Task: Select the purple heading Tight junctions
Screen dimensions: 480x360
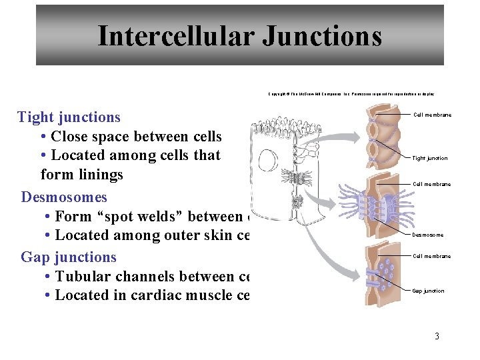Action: pyautogui.click(x=69, y=117)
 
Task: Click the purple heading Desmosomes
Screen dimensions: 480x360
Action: pyautogui.click(x=64, y=197)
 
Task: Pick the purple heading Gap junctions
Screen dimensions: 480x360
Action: pyautogui.click(x=69, y=257)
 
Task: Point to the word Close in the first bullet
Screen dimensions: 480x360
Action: pyautogui.click(x=72, y=137)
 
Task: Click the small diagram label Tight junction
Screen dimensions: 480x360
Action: pyautogui.click(x=430, y=158)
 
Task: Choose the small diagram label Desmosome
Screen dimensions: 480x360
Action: pyautogui.click(x=427, y=235)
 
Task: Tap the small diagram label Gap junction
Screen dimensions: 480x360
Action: pyautogui.click(x=428, y=291)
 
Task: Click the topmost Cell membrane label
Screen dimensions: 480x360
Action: pyautogui.click(x=432, y=115)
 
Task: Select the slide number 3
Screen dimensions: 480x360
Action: pyautogui.click(x=437, y=336)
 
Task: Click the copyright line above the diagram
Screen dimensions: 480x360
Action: pyautogui.click(x=351, y=94)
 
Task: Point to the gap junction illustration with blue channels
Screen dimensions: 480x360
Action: pyautogui.click(x=385, y=274)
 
